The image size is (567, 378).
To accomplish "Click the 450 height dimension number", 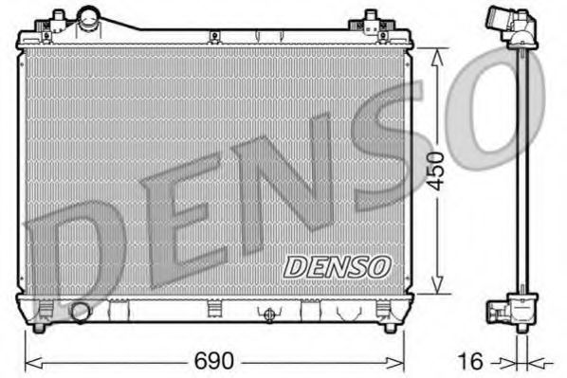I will [x=435, y=170].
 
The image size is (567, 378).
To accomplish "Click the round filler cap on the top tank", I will [x=90, y=17].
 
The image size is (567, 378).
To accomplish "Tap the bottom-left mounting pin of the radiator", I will [x=38, y=327].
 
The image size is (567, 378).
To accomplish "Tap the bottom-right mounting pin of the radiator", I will [x=389, y=327].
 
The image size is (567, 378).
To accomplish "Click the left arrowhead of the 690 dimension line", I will [x=28, y=361].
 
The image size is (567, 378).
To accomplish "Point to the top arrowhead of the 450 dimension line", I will [x=436, y=53].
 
